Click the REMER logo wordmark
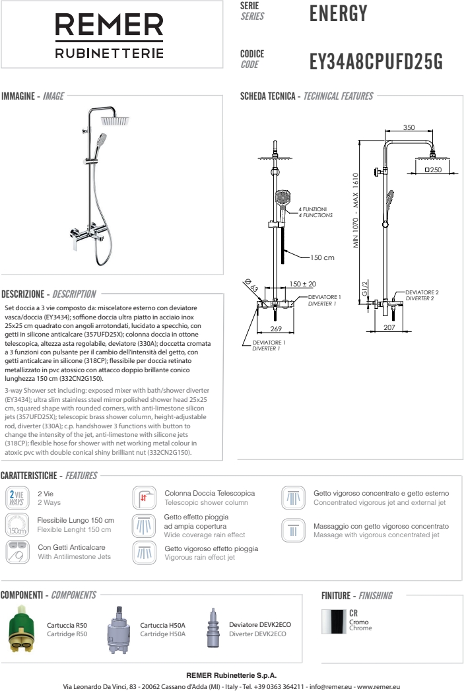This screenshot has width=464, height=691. [x=109, y=26]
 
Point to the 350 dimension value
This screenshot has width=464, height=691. [x=409, y=127]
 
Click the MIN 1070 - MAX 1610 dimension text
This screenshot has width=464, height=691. [x=356, y=211]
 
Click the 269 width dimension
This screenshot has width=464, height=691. [x=276, y=329]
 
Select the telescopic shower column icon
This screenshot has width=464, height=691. [x=144, y=497]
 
